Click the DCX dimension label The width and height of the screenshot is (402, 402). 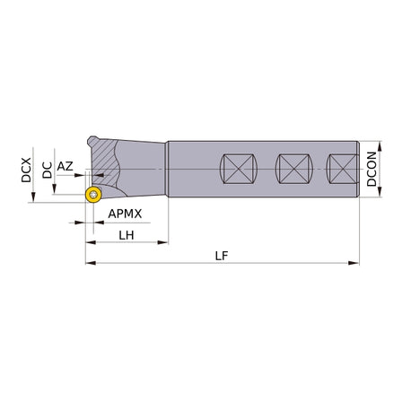tap(26, 170)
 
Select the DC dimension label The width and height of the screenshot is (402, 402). tap(47, 170)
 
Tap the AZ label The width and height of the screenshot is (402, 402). tap(65, 166)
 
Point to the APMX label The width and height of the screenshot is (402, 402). tap(125, 214)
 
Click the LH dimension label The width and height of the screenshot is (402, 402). tap(127, 235)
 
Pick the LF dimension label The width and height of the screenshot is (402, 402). tap(222, 256)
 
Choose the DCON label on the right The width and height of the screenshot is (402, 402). tap(371, 169)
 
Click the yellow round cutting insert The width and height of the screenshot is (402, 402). tap(93, 195)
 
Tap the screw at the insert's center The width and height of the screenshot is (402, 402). tap(94, 195)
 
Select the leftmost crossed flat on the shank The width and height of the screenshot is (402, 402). tap(239, 169)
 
